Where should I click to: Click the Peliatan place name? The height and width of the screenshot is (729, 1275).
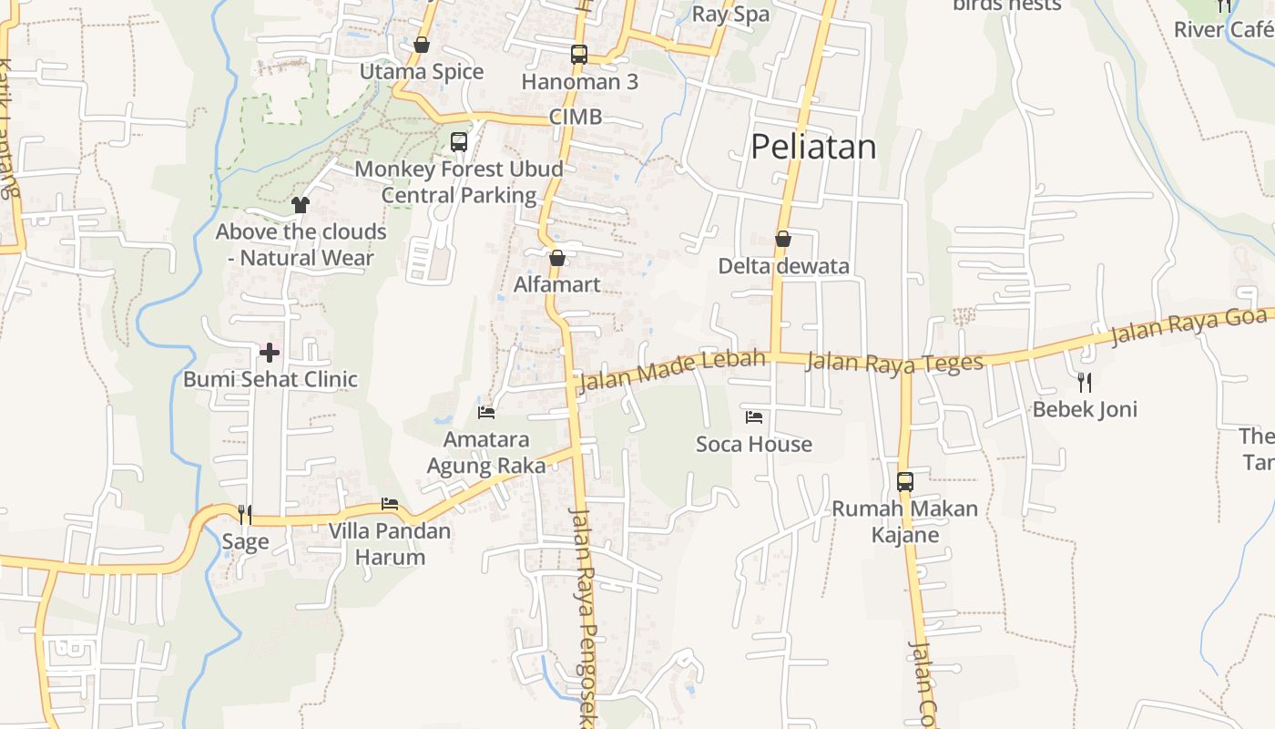coord(813,147)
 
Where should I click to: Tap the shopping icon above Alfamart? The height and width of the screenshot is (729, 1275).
coord(557,258)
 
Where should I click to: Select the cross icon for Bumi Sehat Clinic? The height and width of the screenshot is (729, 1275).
coord(270,352)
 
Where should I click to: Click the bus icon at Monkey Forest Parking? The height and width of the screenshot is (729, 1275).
coord(459,142)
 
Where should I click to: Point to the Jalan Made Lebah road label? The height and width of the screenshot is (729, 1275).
coord(671,369)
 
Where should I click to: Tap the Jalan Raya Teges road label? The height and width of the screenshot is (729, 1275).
coord(895,362)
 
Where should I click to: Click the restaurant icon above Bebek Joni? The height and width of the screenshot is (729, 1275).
coord(1084,382)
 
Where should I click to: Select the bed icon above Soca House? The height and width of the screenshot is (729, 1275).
coord(754,417)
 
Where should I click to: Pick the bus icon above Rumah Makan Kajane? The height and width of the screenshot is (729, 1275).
coord(905,482)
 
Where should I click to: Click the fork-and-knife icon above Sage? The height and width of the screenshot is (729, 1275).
coord(244,515)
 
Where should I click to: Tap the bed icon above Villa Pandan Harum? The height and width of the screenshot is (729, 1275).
coord(390,504)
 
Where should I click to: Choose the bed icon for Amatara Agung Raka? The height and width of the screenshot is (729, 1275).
coord(486,412)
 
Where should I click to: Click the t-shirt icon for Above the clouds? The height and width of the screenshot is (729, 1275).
coord(301,205)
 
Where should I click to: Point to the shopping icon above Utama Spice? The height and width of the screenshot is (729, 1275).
coord(422,45)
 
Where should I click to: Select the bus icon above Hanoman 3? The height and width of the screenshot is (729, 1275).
coord(579,55)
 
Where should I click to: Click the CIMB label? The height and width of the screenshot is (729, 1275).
coord(576,117)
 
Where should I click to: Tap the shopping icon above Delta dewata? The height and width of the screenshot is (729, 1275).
coord(783,239)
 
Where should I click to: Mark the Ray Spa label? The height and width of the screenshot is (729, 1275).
coord(730,14)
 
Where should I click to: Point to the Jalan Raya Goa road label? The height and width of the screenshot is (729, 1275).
coord(1188,326)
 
